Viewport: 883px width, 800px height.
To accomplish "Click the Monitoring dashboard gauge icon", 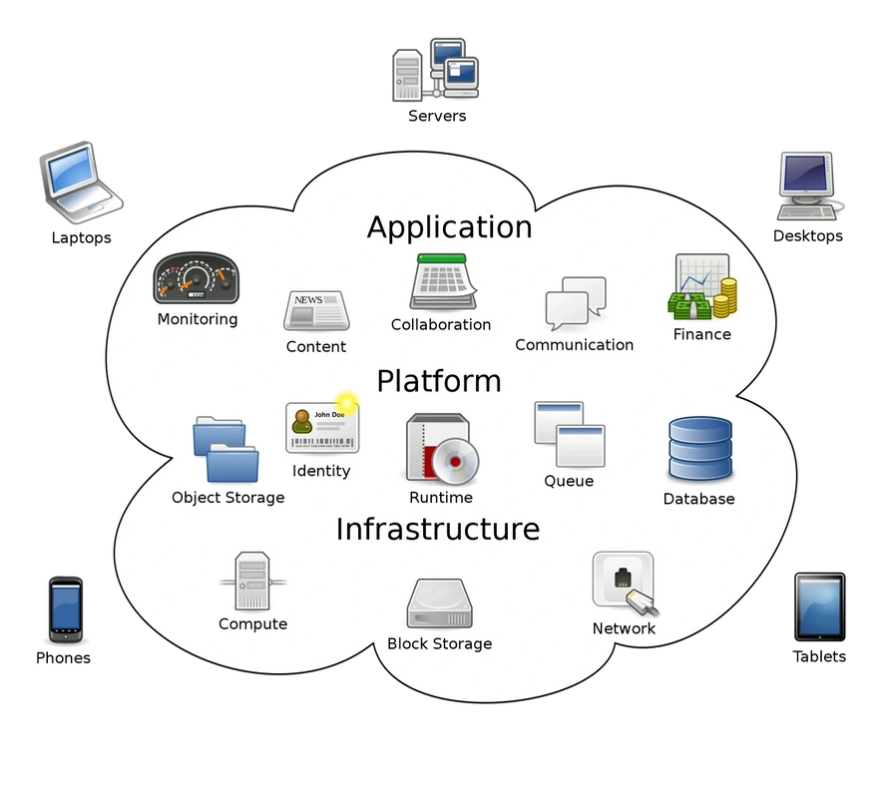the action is pos(196,277).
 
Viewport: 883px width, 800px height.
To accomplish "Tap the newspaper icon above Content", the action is pos(316,310).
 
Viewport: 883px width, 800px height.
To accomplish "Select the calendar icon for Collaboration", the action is pos(443,281).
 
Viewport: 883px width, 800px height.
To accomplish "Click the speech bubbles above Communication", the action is pos(576,302).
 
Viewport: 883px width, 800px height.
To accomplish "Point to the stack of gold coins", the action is pos(725,298).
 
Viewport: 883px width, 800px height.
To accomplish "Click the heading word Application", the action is pos(449,226).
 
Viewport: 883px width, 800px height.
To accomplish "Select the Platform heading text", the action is pos(439,381).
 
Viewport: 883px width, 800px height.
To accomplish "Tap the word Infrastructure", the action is pos(438,530).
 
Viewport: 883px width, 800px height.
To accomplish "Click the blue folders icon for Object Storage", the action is pos(225,449).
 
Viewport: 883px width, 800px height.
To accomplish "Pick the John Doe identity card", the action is pos(322,427).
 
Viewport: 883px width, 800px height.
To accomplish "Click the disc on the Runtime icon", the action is pos(455,461).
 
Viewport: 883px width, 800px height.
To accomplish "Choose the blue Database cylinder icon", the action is pos(700,449).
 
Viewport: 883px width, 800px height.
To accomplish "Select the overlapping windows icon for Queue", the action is pos(570,434).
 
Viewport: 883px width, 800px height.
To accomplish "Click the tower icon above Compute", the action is pos(252,581).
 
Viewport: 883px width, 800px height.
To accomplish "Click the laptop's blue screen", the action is pos(72,169).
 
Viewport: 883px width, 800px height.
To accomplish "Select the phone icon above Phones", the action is pos(65,609).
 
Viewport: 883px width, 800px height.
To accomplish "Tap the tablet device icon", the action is pos(819,606).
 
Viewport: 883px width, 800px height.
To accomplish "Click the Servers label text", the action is pos(437,116).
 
